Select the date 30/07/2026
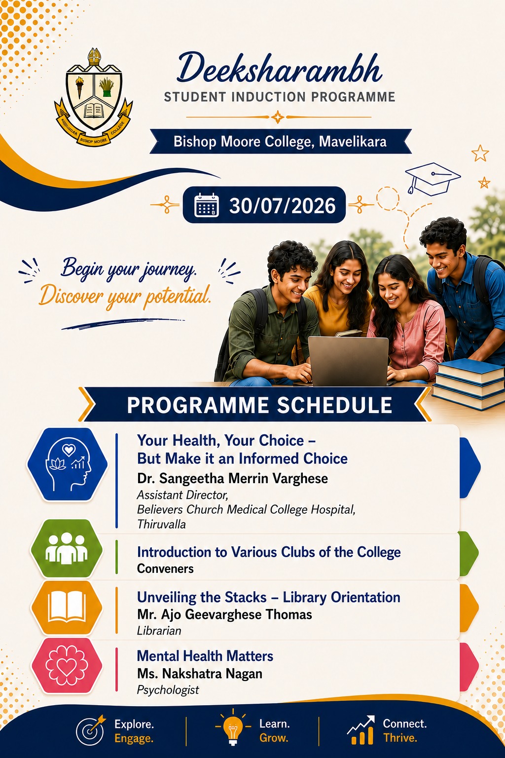[283, 205]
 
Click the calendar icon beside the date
[206, 205]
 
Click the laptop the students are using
[348, 361]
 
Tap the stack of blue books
[469, 383]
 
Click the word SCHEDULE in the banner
[334, 405]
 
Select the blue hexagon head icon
[68, 464]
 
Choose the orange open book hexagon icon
[67, 607]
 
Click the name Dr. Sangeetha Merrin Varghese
[232, 479]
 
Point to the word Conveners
[165, 569]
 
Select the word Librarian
[159, 631]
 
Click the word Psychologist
[168, 690]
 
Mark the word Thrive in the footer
[400, 738]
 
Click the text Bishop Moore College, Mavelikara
[280, 142]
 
